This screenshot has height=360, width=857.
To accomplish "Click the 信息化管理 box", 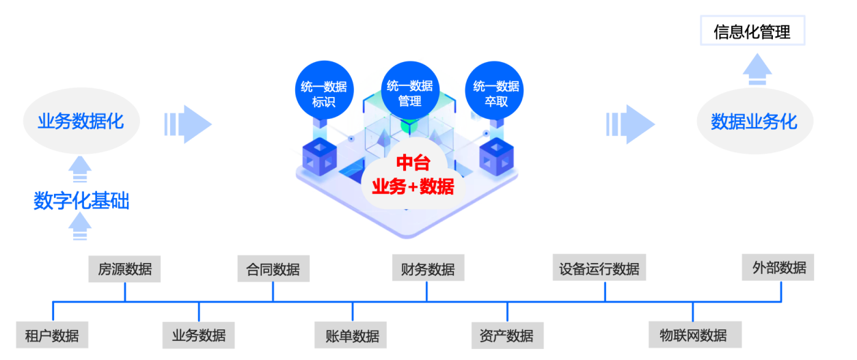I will click(752, 32).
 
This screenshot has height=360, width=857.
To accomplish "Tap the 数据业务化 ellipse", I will click(754, 122).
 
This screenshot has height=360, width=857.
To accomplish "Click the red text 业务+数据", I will click(413, 186).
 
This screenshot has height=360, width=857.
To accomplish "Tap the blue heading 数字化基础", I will click(81, 202).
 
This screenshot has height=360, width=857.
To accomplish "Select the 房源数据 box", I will click(124, 268).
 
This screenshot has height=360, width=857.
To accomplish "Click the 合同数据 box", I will click(273, 268).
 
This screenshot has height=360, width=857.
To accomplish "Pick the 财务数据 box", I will click(428, 268).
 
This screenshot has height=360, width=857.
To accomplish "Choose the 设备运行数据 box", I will click(599, 268).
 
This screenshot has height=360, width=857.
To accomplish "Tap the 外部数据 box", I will click(778, 267).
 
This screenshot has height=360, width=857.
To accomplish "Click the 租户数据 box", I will click(52, 335).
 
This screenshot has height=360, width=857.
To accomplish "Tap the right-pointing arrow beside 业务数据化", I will click(189, 124).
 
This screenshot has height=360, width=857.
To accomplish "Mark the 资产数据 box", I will click(506, 335).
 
